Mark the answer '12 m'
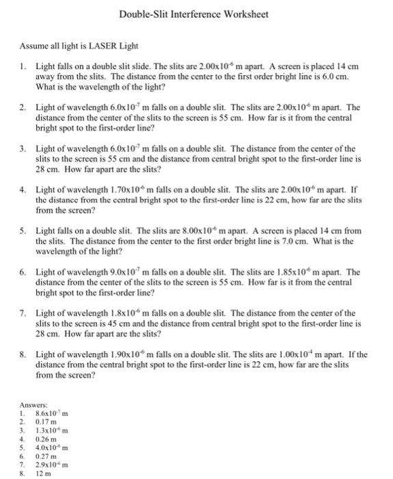point(42,472)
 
